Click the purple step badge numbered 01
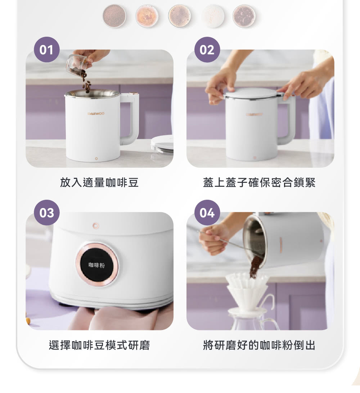47,50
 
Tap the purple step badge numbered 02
207,50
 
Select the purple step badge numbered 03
47,213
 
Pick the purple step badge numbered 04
207,213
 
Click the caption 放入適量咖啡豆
99,182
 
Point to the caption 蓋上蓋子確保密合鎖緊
259,182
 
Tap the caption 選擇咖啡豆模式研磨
99,345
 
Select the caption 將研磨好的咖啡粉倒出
259,345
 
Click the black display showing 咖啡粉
97,265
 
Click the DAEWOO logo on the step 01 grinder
96,114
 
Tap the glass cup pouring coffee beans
77,64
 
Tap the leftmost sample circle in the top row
114,16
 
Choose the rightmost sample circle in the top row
244,16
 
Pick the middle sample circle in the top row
180,16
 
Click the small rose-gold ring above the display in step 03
95,226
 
